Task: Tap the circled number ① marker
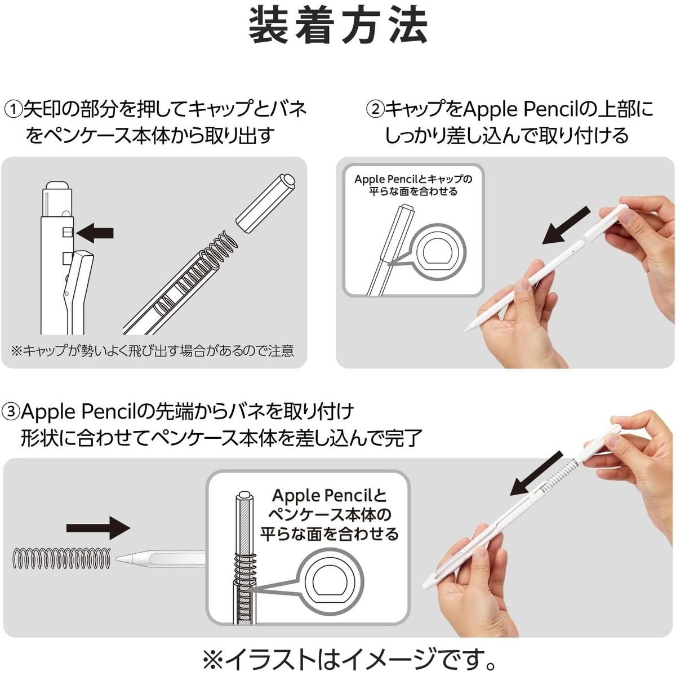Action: coord(13,110)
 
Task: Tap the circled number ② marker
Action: coord(375,110)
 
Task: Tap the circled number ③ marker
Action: coord(11,412)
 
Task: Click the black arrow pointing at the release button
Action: coord(95,233)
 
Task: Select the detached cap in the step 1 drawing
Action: coord(265,203)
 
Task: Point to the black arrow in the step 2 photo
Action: coord(566,225)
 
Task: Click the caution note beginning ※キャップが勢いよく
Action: coord(153,350)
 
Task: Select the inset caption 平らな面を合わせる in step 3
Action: coord(329,534)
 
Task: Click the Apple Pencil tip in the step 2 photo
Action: coord(467,330)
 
